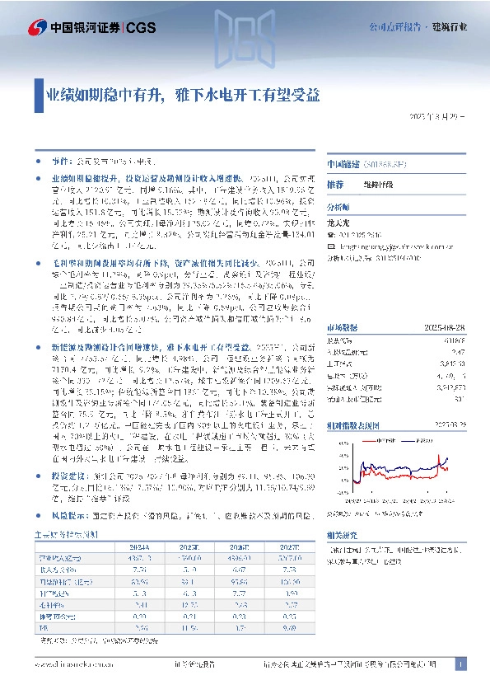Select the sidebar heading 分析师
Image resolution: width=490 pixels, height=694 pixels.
pyautogui.click(x=338, y=207)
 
